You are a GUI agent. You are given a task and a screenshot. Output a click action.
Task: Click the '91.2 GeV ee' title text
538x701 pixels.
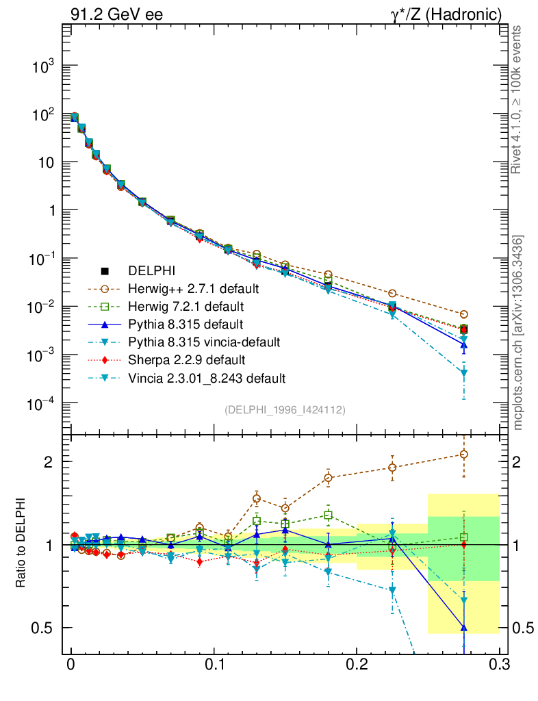[117, 14]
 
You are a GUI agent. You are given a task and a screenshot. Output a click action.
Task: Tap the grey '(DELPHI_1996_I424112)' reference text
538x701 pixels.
[285, 410]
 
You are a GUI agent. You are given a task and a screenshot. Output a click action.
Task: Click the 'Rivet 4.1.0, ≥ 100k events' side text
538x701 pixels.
[517, 100]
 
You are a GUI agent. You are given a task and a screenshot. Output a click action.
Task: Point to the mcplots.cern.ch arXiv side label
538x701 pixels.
[518, 332]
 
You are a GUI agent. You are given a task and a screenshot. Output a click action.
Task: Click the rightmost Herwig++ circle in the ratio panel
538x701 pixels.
[463, 455]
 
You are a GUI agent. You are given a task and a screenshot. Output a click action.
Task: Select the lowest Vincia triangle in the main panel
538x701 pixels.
[463, 373]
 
